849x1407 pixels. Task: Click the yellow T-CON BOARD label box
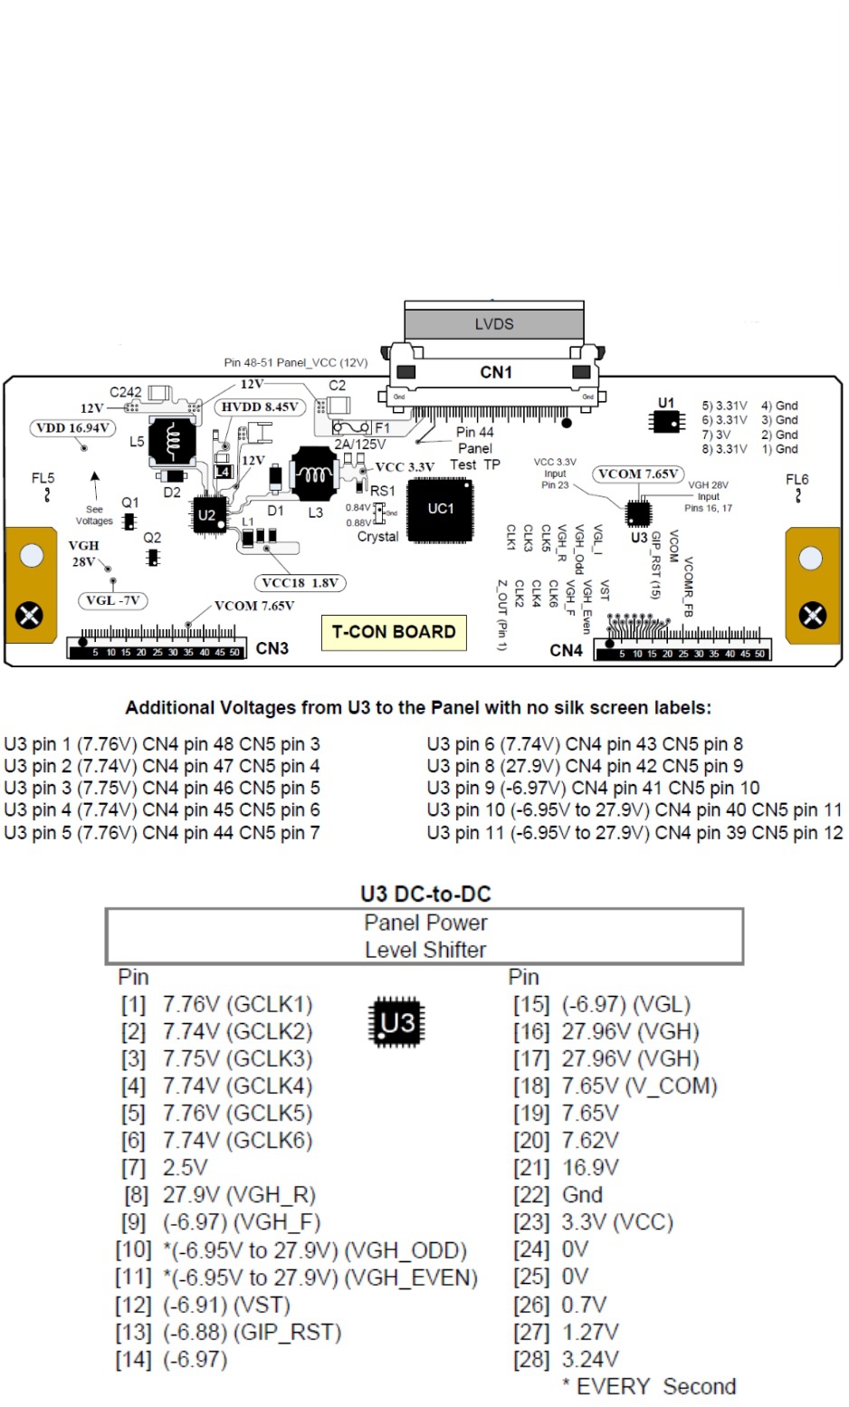click(x=394, y=632)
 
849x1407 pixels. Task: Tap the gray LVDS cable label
click(x=494, y=323)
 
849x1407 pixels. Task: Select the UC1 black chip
click(x=441, y=509)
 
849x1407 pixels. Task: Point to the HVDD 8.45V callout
click(x=260, y=407)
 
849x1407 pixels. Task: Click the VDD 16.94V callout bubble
click(x=72, y=427)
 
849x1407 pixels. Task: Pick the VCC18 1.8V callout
click(x=300, y=583)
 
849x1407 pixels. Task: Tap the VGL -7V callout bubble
click(x=112, y=600)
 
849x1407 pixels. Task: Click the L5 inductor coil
click(x=171, y=441)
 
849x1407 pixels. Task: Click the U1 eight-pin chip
click(x=665, y=420)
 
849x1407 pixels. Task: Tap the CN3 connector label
click(x=272, y=648)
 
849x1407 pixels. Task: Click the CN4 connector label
click(x=566, y=650)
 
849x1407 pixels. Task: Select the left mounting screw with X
click(x=30, y=616)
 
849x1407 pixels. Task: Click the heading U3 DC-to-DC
click(x=425, y=894)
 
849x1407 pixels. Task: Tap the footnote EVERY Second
click(x=648, y=1386)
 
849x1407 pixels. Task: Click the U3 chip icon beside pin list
click(x=397, y=1022)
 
